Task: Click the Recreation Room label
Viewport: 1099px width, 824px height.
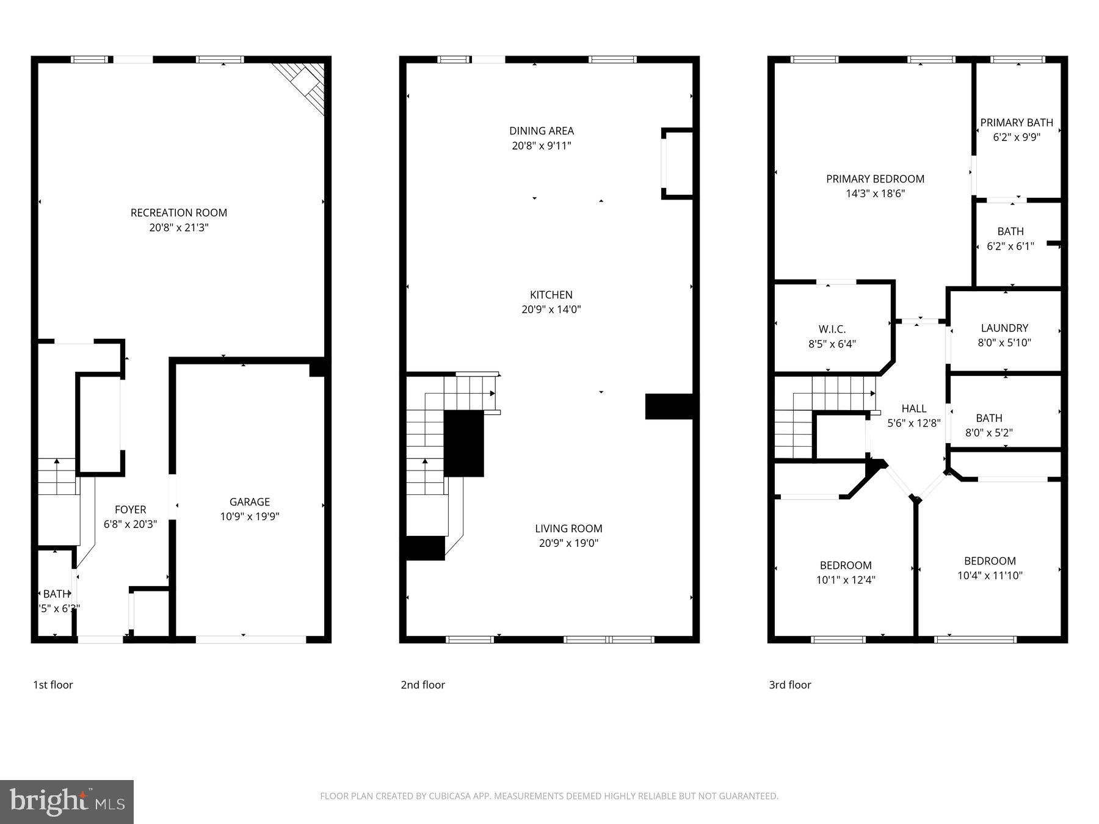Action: (178, 212)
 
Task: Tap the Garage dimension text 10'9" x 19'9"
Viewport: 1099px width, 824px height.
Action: (250, 516)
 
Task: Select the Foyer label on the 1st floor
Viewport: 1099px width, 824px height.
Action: (130, 509)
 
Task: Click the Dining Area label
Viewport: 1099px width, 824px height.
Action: (542, 131)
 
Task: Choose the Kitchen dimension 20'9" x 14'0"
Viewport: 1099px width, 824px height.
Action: (551, 309)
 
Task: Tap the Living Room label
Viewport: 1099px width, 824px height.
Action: (568, 529)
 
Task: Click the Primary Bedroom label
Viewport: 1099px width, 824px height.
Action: (875, 179)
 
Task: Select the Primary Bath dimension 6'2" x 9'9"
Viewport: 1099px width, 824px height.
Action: (1017, 137)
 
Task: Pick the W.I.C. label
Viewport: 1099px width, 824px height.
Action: (832, 329)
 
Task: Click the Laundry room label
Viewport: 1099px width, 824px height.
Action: (1004, 328)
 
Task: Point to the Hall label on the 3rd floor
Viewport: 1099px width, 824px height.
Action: (913, 408)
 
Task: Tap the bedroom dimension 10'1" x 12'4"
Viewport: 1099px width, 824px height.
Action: (846, 580)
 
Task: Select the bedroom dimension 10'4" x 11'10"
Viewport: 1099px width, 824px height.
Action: (990, 575)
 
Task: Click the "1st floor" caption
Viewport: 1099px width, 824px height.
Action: (53, 685)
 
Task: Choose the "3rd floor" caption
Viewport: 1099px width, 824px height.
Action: (789, 685)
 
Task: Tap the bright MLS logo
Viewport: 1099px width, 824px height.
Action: (67, 801)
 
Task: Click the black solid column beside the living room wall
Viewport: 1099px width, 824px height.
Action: (669, 407)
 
